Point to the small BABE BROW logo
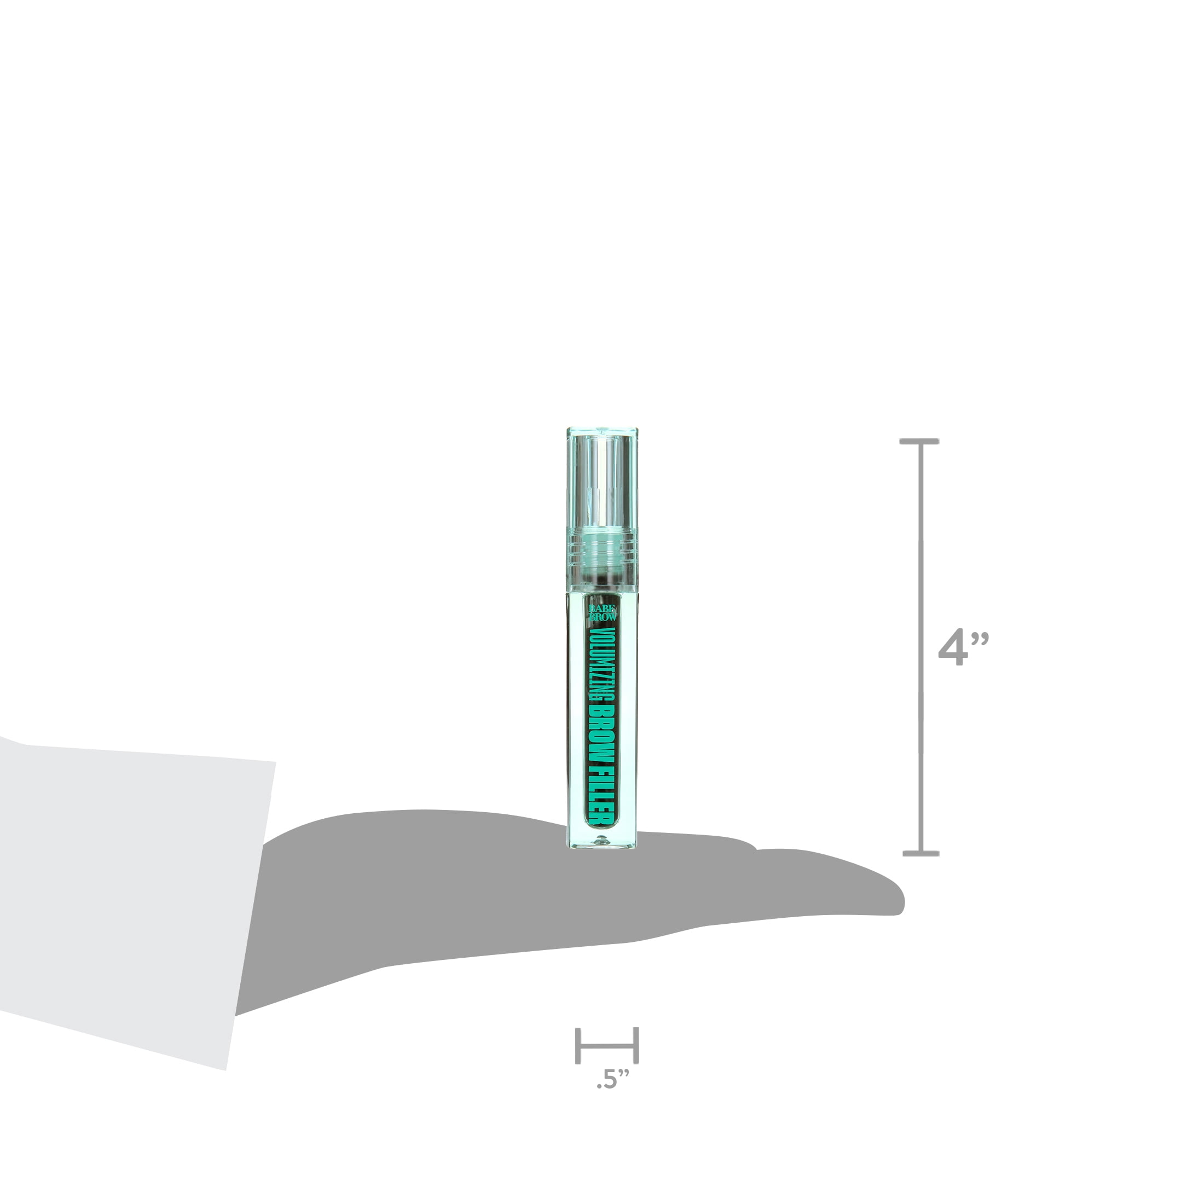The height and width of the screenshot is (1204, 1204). coord(603,612)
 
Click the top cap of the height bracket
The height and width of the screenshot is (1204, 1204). coord(920,441)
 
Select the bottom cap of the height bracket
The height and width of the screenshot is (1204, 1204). coord(921,853)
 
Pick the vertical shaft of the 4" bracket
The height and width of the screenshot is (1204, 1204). coord(921,647)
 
